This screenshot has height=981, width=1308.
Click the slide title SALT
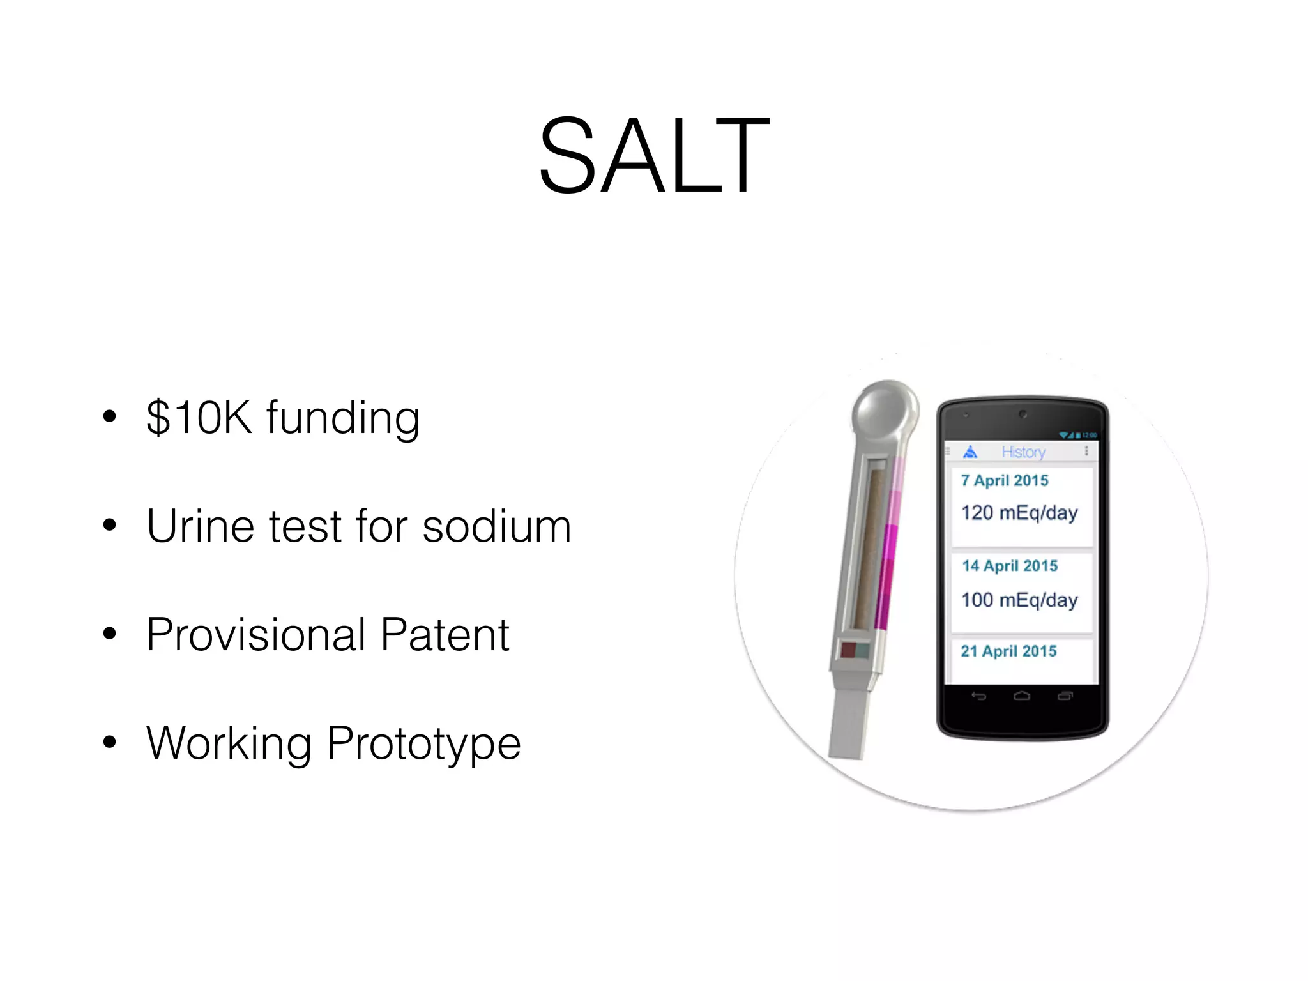coord(654,156)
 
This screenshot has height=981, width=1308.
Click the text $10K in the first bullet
coord(199,418)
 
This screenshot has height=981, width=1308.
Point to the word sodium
coord(497,526)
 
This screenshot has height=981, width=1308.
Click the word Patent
coord(445,635)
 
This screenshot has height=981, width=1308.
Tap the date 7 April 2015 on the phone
coord(1005,481)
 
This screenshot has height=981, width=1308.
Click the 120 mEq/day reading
coord(1019,513)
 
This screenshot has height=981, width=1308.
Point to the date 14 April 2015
coord(1010,566)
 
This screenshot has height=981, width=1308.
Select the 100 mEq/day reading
coord(1019,600)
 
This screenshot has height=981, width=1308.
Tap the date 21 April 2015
coord(1008,651)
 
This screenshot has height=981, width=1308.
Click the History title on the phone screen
coord(1023,452)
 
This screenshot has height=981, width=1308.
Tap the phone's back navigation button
coord(978,696)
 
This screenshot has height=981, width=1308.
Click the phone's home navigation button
coord(1022,696)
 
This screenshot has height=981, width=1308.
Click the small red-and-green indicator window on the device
coord(854,650)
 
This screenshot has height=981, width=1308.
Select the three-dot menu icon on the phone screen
coord(1086,452)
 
